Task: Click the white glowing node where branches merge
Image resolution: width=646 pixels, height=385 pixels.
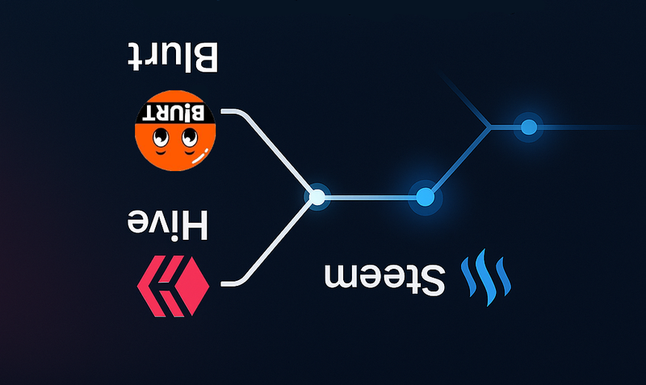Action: (x=317, y=196)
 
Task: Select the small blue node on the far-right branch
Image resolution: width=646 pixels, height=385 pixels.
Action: (x=529, y=127)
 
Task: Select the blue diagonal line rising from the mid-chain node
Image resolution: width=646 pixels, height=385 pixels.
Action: (x=457, y=161)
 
